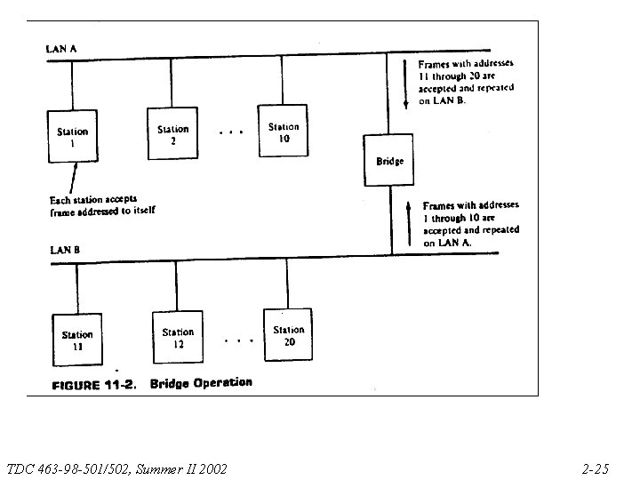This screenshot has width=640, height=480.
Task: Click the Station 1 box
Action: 72,136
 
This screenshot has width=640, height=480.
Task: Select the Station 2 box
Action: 173,134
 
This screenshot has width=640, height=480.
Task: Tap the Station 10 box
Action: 284,132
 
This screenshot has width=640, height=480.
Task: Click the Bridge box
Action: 389,161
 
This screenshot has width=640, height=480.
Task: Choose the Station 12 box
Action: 178,337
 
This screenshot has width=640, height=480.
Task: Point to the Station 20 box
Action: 288,334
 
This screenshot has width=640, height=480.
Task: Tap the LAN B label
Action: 64,251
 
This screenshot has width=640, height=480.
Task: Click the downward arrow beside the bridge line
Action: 406,84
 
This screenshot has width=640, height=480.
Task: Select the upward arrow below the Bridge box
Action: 409,223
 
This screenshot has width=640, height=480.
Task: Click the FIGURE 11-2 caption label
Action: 93,386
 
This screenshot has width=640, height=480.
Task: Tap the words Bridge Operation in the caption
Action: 201,383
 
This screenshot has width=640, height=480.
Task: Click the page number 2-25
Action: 595,468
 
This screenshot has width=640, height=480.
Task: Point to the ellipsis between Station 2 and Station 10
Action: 230,133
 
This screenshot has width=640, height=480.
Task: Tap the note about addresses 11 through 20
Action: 466,82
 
